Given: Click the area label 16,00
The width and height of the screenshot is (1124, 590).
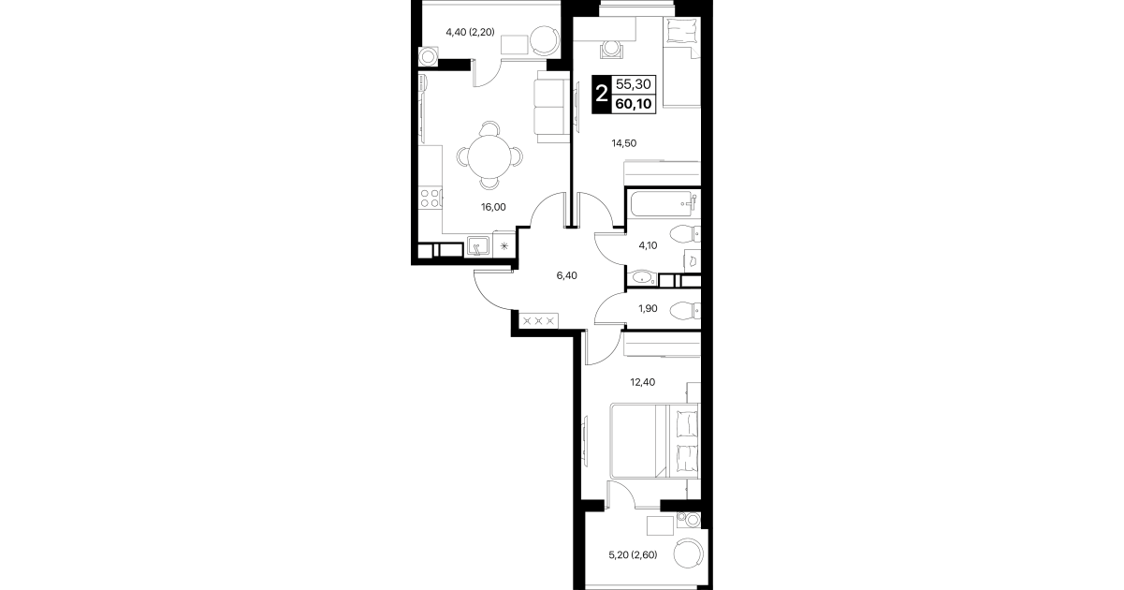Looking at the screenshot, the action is pyautogui.click(x=493, y=207).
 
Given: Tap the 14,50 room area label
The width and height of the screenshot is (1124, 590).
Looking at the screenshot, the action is pyautogui.click(x=623, y=143).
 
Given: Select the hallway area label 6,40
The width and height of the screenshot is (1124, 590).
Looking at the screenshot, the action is pyautogui.click(x=566, y=275).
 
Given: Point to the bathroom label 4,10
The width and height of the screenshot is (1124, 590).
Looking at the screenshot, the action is pyautogui.click(x=648, y=245).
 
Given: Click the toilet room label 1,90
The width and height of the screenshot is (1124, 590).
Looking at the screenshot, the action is pyautogui.click(x=648, y=308).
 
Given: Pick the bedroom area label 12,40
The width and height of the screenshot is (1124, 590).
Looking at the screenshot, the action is pyautogui.click(x=642, y=382).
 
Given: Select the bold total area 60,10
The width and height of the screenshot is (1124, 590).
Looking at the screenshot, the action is pyautogui.click(x=634, y=104).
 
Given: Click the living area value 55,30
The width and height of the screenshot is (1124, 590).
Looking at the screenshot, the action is pyautogui.click(x=634, y=84).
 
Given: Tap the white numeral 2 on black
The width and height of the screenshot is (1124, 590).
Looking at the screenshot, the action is pyautogui.click(x=601, y=94).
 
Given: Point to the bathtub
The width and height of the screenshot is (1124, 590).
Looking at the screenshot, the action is pyautogui.click(x=663, y=203).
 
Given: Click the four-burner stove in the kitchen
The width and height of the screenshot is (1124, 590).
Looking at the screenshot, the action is pyautogui.click(x=79, y=198).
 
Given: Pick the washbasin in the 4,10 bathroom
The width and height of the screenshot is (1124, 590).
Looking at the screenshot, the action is pyautogui.click(x=642, y=277).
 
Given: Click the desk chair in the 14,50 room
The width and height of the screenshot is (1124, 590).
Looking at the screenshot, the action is pyautogui.click(x=611, y=49).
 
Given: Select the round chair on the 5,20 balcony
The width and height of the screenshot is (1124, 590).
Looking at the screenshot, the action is pyautogui.click(x=689, y=553).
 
